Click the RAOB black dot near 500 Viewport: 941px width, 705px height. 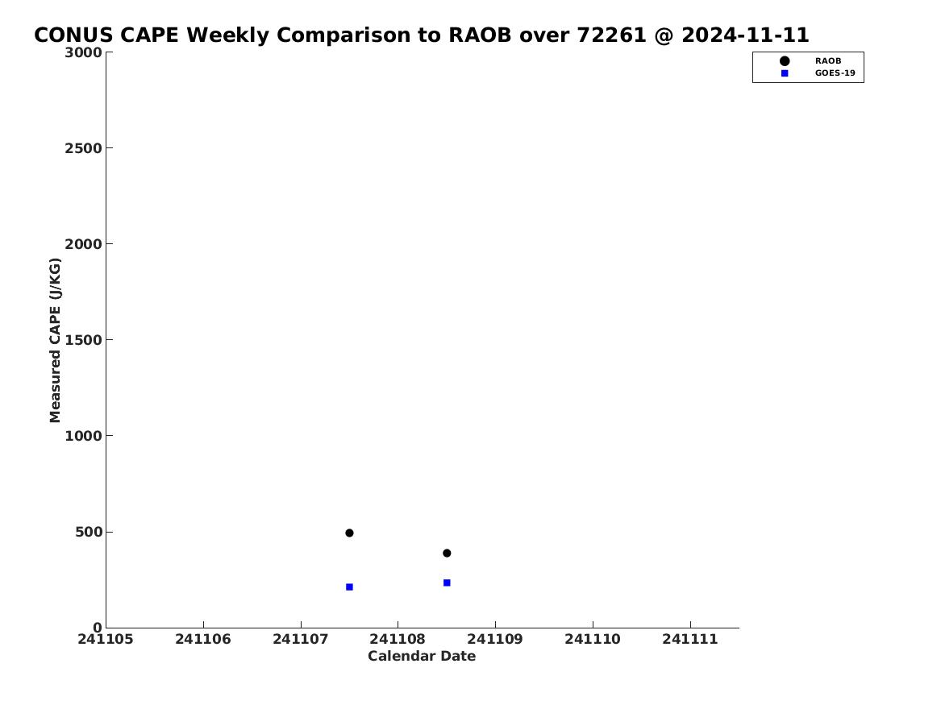(349, 533)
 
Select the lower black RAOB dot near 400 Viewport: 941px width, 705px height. (447, 554)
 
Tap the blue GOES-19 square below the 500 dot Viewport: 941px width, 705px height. (349, 587)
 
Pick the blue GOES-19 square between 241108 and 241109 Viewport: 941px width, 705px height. (447, 583)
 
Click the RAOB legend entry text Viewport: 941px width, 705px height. (827, 61)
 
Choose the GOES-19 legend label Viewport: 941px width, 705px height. (835, 73)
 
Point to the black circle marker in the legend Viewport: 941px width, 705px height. (785, 61)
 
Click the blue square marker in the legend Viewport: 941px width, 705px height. (785, 73)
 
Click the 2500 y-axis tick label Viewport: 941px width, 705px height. (83, 148)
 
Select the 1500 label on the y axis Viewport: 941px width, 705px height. (83, 340)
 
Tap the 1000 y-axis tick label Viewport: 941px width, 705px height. (83, 436)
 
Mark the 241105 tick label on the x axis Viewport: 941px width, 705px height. (106, 639)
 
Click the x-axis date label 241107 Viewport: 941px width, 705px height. (301, 639)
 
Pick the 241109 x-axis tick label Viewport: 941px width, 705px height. (495, 639)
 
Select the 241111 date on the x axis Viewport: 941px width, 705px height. (690, 639)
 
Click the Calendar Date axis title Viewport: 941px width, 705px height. (422, 657)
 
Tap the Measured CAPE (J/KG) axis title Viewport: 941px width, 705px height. (55, 340)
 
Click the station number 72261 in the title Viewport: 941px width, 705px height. (611, 35)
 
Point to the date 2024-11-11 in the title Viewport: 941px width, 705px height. (745, 35)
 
